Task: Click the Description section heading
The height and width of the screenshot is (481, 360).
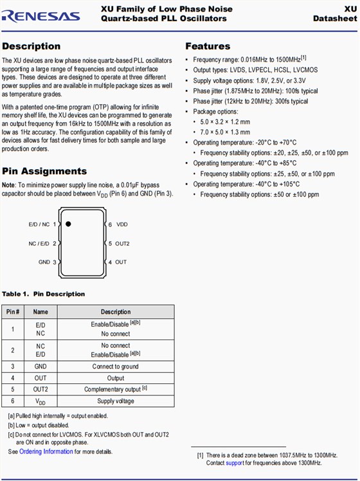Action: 31,46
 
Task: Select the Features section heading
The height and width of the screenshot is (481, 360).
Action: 208,46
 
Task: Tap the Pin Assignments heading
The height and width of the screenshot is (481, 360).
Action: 44,171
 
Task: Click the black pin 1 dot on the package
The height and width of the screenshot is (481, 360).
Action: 67,224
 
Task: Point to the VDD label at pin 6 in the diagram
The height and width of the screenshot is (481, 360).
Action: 122,224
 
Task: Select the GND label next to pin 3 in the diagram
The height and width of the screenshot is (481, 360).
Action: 44,262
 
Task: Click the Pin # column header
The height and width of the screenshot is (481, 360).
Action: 13,312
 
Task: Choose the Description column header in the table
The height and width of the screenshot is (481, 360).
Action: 116,312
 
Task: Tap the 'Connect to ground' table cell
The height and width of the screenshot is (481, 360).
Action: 116,367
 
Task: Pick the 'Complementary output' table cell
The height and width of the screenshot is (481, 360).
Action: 116,390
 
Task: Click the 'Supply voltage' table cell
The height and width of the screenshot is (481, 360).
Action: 116,401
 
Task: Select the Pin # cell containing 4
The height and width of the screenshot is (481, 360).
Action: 13,378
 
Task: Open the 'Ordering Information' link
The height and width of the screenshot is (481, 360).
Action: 46,451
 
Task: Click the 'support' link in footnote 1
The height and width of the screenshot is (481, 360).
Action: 235,463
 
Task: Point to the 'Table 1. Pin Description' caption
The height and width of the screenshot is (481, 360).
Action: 43,294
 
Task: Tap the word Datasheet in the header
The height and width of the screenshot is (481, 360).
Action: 335,19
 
